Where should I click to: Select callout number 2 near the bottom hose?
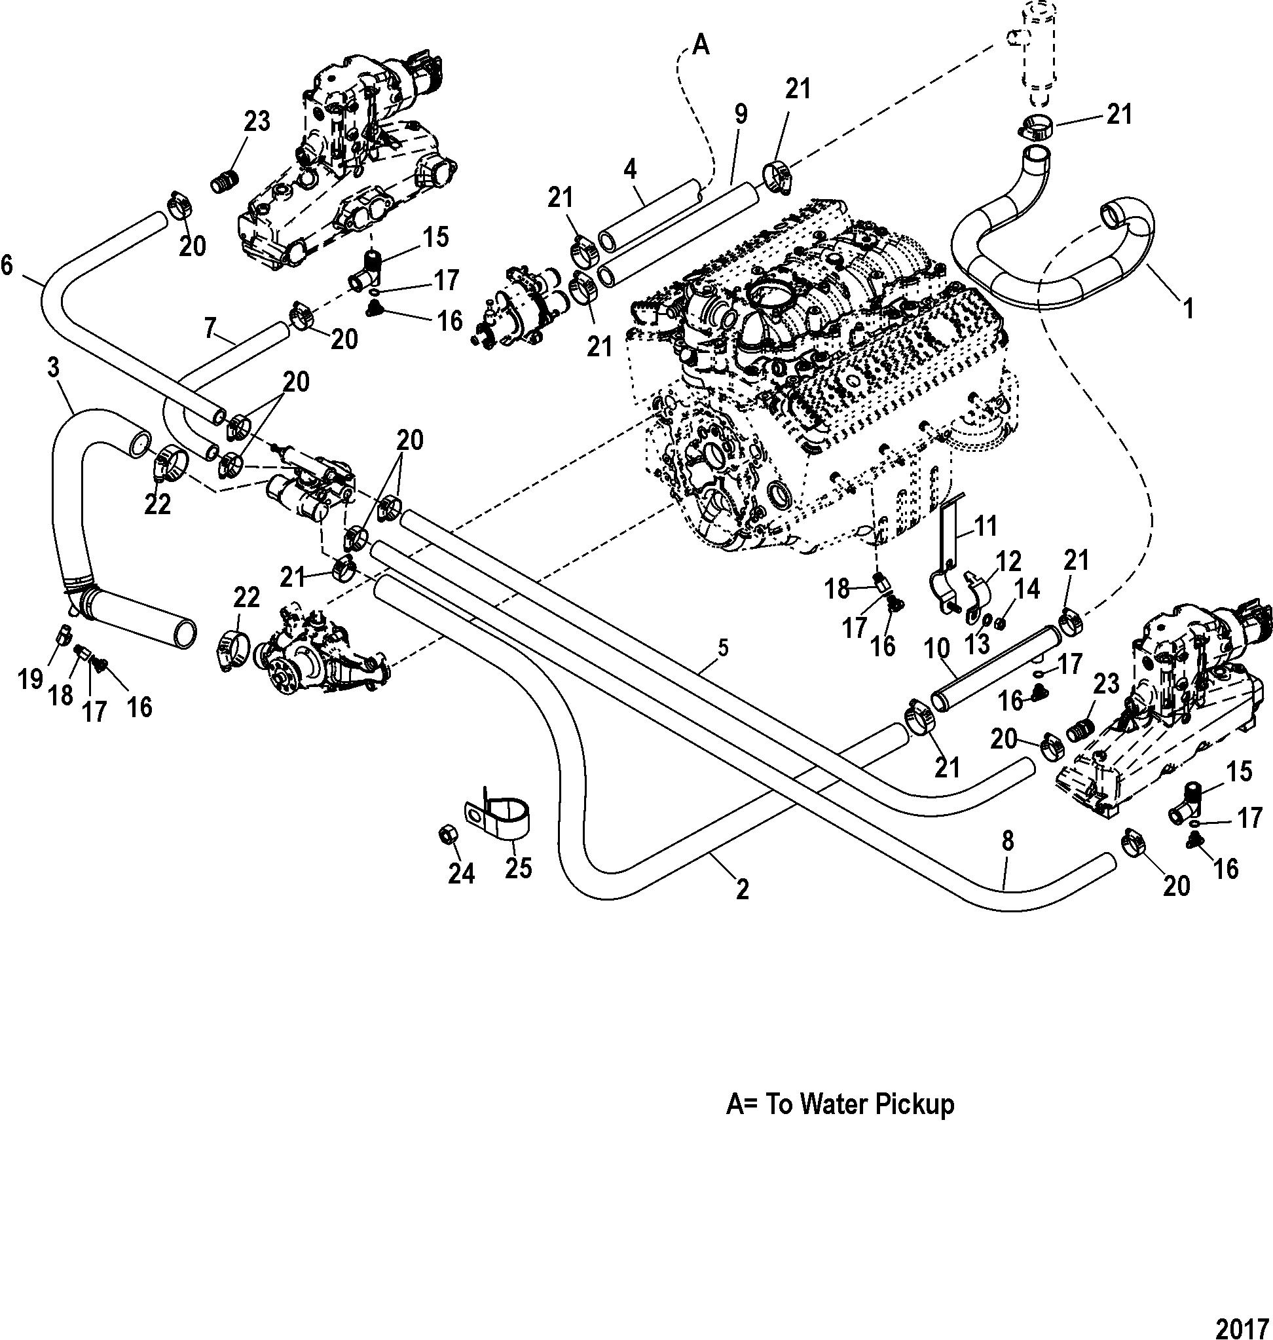point(743,889)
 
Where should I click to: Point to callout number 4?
point(631,168)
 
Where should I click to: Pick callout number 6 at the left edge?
point(6,265)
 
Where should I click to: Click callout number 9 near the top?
point(741,114)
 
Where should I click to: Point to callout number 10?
point(937,649)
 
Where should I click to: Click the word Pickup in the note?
point(913,1104)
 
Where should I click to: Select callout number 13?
point(977,644)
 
